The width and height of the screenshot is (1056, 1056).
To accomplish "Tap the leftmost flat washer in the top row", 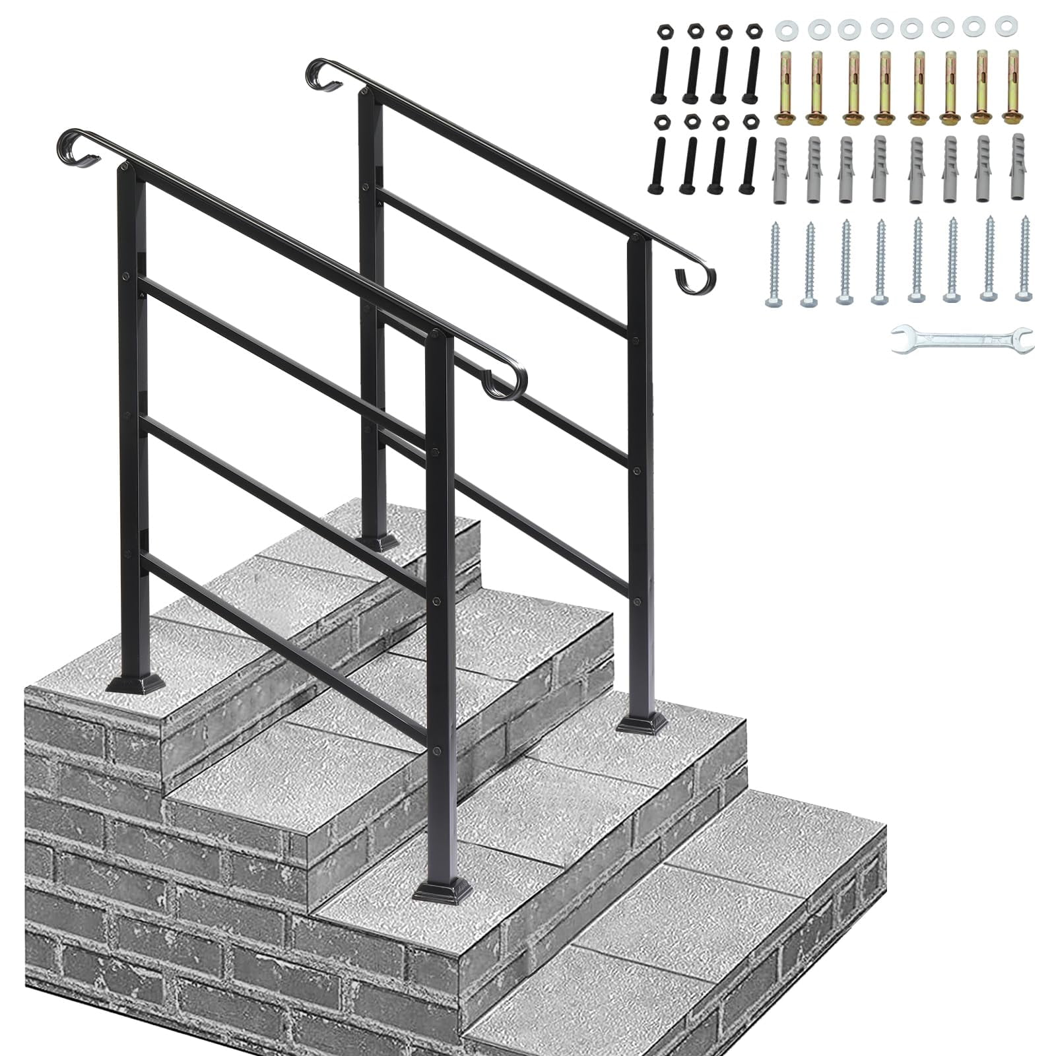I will pyautogui.click(x=785, y=28).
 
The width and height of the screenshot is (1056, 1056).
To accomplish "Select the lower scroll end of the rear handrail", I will pyautogui.click(x=695, y=277).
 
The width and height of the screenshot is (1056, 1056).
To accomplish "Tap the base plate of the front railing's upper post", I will pyautogui.click(x=135, y=682).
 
